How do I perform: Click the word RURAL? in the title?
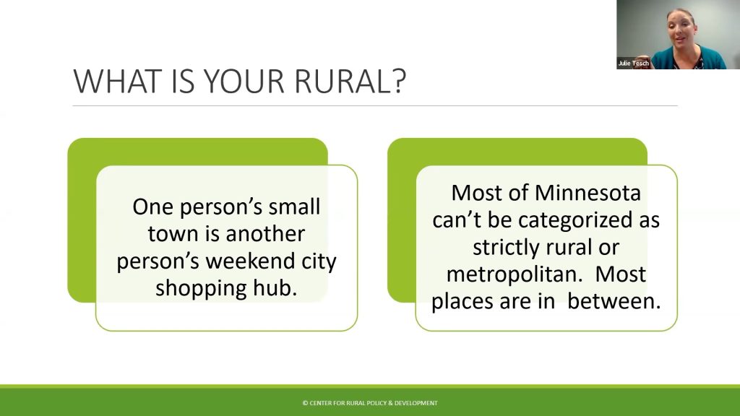pos(350,81)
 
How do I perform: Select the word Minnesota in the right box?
pos(588,193)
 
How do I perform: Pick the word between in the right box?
pos(614,301)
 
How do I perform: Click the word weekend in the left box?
pos(251,261)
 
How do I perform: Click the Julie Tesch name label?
pos(633,64)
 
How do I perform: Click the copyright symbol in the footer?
pos(306,403)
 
